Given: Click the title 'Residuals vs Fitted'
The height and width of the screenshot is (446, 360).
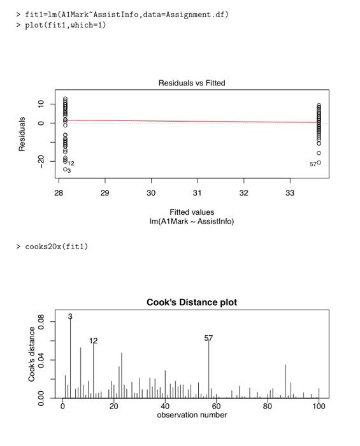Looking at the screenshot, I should click(192, 83).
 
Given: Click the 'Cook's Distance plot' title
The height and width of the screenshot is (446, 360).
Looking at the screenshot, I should click(192, 303).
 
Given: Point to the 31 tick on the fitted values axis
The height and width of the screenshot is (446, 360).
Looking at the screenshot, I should click(198, 192).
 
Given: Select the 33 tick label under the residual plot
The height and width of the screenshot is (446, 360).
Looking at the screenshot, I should click(290, 192).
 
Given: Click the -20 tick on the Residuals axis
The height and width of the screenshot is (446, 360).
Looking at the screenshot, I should click(41, 161).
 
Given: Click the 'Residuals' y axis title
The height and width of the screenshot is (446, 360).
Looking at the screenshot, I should click(22, 133).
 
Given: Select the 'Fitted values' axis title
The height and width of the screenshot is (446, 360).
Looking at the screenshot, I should click(192, 212).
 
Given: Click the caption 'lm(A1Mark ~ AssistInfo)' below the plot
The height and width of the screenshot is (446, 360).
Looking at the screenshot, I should click(192, 221).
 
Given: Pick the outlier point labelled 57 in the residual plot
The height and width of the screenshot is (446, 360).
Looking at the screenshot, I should click(319, 162).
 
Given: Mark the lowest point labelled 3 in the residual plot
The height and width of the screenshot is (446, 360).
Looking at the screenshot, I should click(65, 169).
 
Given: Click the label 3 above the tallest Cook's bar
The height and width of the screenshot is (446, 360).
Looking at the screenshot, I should click(70, 317).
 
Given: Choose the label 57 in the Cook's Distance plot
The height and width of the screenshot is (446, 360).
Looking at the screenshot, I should click(208, 338).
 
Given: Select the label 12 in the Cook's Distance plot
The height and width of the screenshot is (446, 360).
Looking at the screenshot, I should click(94, 341).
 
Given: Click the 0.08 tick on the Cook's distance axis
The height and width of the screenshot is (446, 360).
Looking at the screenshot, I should click(41, 324).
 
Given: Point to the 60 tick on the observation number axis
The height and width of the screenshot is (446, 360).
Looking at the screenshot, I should click(216, 406).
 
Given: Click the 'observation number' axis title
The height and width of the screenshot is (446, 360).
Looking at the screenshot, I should click(192, 415).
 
